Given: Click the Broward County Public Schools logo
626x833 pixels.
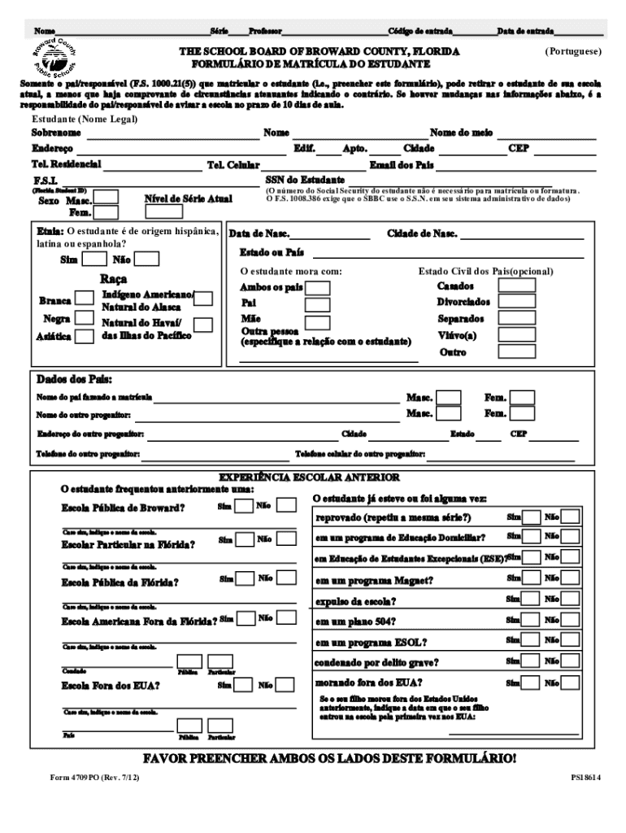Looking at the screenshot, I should pos(54,62).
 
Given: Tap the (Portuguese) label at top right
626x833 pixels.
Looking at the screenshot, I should pos(573,51).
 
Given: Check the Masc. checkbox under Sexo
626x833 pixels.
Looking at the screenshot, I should pos(107,197).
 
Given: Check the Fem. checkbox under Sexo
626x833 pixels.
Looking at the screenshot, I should pos(107,212).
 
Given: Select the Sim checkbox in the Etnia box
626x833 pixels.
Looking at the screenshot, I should pos(95,259).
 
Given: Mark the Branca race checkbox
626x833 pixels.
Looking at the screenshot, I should pos(85,300).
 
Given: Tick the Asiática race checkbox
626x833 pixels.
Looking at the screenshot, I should pos(85,335).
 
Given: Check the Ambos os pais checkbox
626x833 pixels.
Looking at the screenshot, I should pos(318,288).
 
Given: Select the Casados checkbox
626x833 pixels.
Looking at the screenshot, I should pos(515,286).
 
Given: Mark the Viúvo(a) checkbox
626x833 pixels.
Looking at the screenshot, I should pos(515,335).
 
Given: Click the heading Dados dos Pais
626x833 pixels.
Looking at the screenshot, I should pos(74,380).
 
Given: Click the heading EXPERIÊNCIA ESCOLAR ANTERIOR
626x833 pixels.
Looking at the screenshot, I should pos(310,477).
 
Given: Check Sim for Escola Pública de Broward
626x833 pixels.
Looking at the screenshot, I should pos(244,506).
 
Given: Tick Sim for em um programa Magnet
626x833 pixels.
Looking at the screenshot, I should pos(531,579).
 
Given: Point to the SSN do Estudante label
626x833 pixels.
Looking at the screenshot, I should pos(305,179).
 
